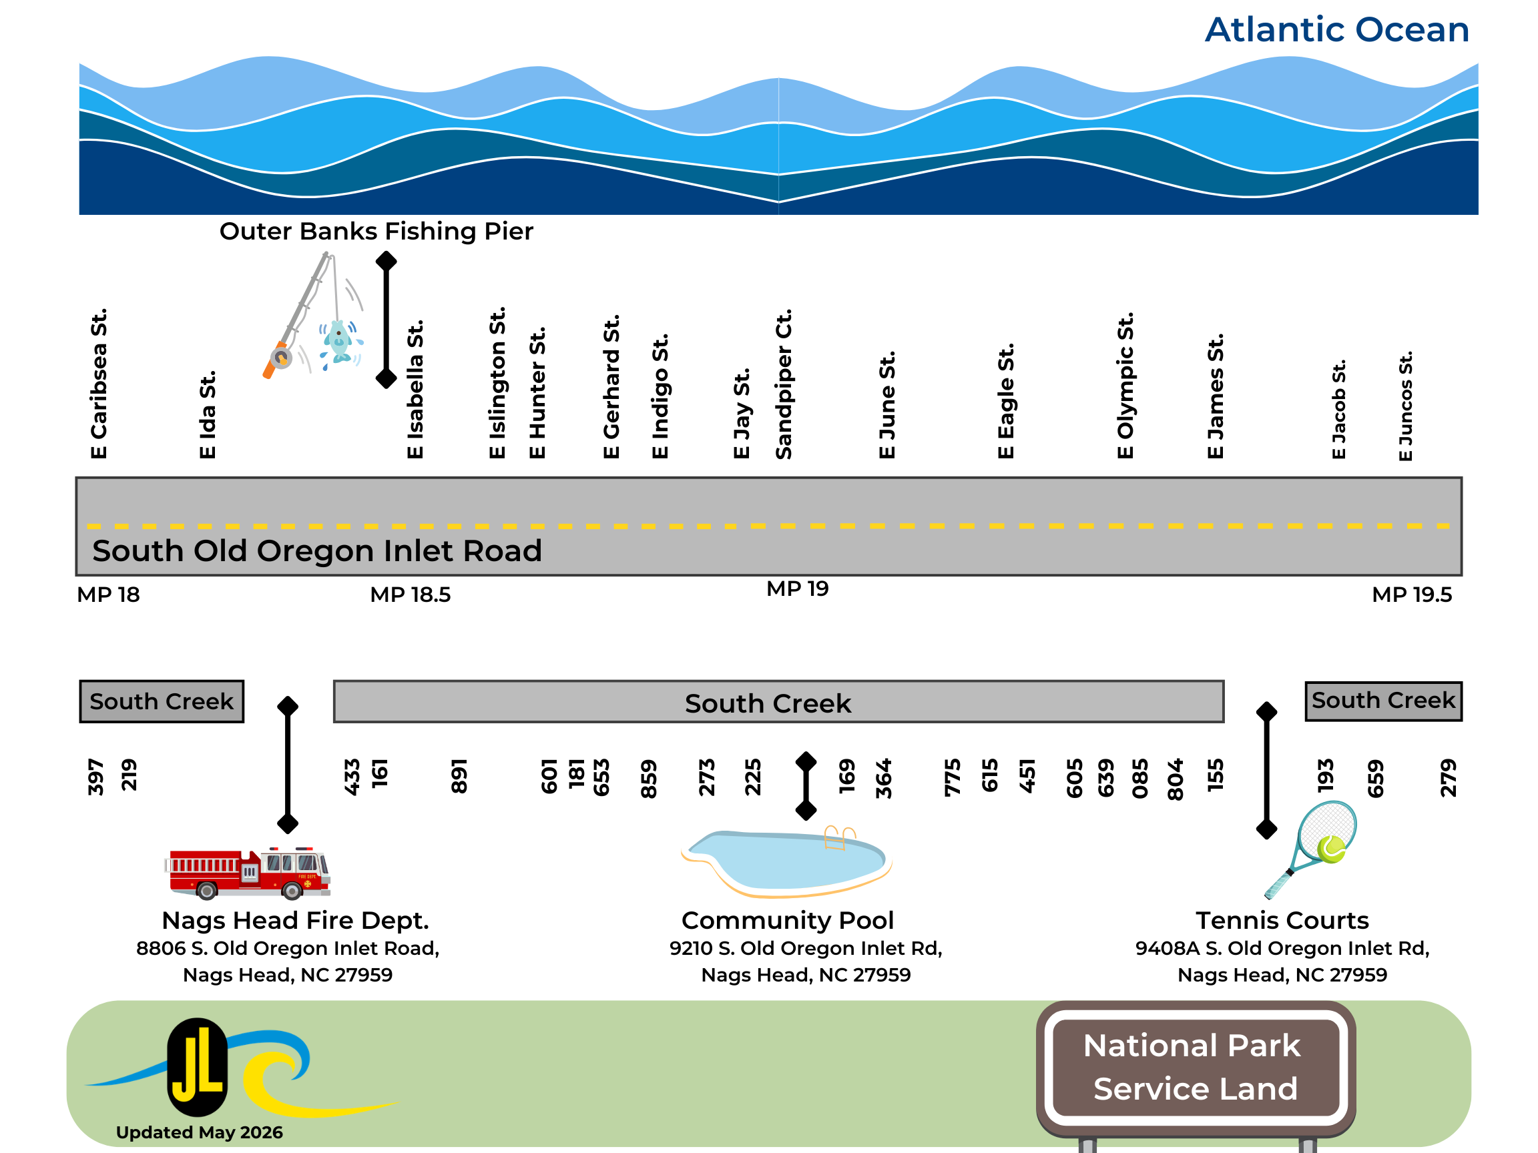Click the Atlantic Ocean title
tap(1336, 30)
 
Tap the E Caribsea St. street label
tap(99, 384)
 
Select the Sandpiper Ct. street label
tap(784, 384)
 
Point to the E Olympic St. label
tap(1125, 386)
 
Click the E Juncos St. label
tap(1405, 406)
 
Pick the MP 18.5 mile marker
tap(411, 595)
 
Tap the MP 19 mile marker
tap(798, 589)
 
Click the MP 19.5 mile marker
tap(1412, 595)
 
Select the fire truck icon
tap(248, 872)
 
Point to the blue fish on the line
tap(340, 342)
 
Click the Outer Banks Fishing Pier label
tap(376, 232)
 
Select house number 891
tap(459, 776)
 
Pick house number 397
tap(96, 777)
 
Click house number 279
tap(1448, 778)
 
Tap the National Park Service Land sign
tap(1195, 1068)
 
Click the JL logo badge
tap(198, 1067)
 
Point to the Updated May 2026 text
tap(200, 1133)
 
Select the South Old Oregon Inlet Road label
tap(317, 551)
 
